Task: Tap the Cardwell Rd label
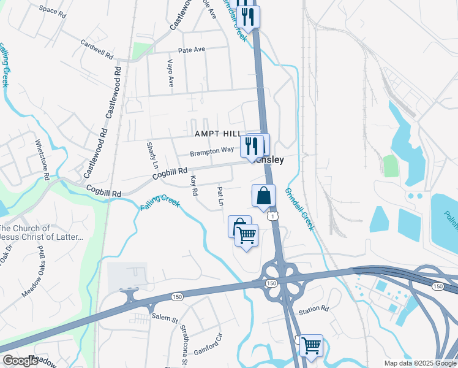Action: (x=97, y=50)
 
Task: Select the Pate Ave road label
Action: (x=192, y=50)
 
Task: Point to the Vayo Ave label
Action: (x=171, y=72)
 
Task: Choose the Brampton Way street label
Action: (x=211, y=150)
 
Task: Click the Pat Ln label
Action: (x=220, y=196)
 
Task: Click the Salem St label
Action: (x=165, y=320)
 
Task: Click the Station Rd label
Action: (x=313, y=311)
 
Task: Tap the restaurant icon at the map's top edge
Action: (x=248, y=16)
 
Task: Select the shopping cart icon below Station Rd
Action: (x=312, y=345)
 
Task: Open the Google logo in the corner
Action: (x=21, y=361)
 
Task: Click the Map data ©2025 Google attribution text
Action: (x=420, y=363)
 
